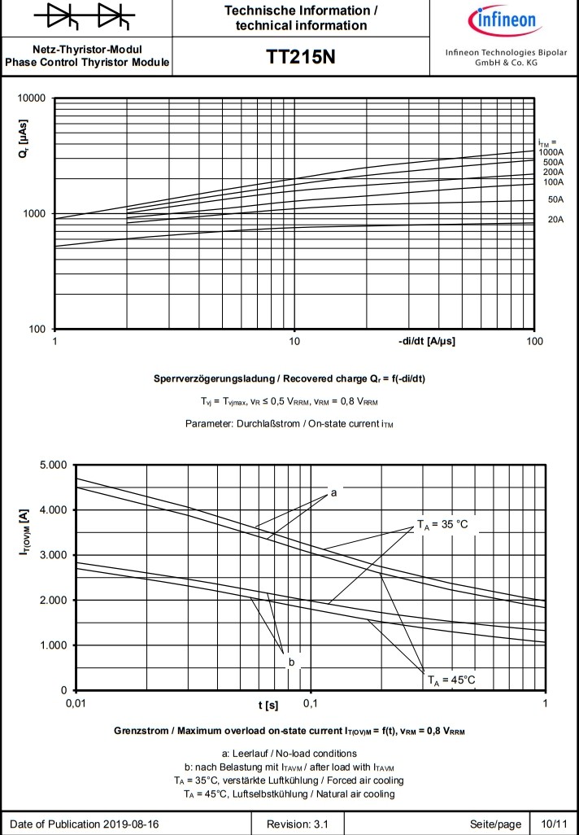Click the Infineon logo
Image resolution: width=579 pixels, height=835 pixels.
click(502, 20)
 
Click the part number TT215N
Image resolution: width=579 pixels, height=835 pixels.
click(300, 58)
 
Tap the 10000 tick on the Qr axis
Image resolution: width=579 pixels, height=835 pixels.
click(32, 98)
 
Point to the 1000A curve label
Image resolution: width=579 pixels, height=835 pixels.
click(551, 152)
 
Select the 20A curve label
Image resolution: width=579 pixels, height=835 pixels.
click(555, 220)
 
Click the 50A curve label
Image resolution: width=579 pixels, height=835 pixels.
click(555, 199)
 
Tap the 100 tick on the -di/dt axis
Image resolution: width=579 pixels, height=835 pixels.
click(533, 341)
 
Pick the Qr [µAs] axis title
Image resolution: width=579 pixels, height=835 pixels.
click(24, 140)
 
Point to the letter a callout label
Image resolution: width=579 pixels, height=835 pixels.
click(333, 492)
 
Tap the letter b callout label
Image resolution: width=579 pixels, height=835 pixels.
click(290, 663)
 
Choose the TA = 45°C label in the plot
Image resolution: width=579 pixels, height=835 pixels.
click(451, 680)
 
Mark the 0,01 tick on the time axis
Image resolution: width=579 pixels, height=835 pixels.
click(76, 702)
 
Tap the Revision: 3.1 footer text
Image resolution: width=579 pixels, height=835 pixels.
click(298, 824)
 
